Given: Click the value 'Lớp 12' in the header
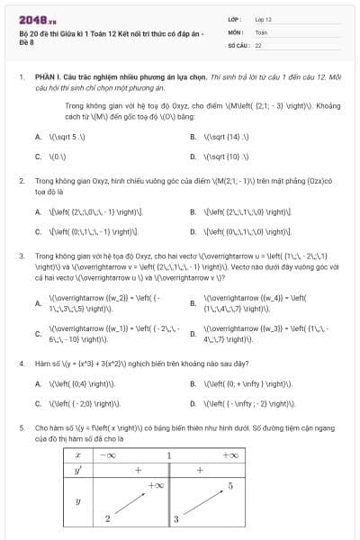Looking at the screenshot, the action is [x=263, y=18].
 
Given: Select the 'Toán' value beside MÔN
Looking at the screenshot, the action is [x=261, y=31].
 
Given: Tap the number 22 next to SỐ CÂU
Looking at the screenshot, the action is [x=258, y=44].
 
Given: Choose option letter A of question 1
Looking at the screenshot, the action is [x=38, y=137].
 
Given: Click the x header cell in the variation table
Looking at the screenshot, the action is [x=78, y=455].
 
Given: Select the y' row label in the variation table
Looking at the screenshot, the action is [x=78, y=471].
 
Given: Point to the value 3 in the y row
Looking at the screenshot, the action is [x=176, y=519].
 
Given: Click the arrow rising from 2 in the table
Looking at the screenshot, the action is [x=131, y=503].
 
